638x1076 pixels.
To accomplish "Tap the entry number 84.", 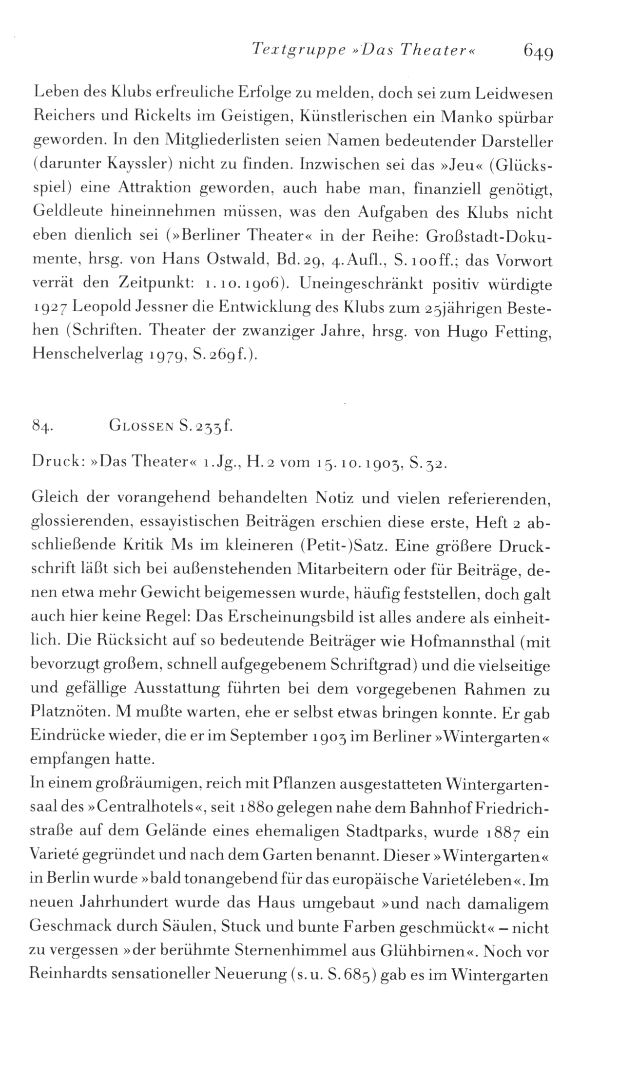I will pyautogui.click(x=41, y=428).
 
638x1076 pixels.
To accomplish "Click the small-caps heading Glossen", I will pyautogui.click(x=139, y=427).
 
